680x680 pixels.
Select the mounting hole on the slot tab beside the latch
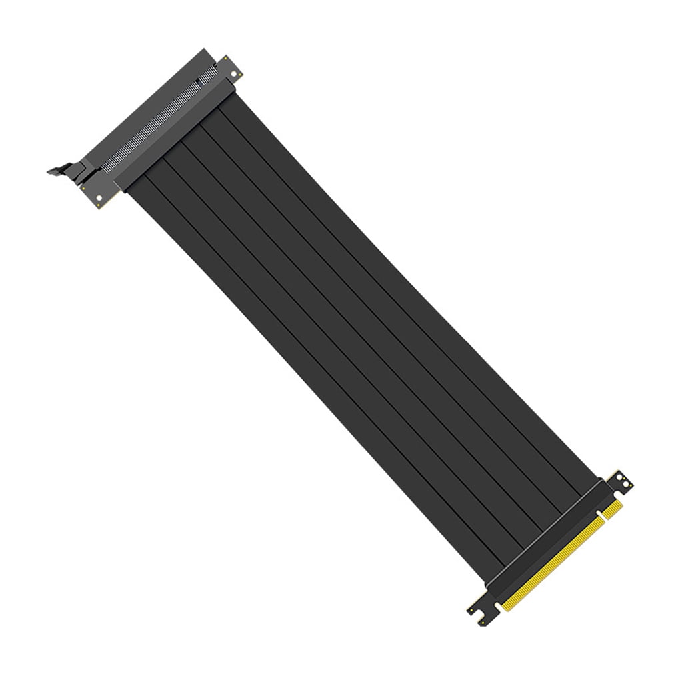pos(99,197)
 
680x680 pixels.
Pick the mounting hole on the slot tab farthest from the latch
pos(233,74)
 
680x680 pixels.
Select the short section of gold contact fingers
pos(612,510)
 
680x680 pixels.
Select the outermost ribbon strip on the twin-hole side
pos(407,297)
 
